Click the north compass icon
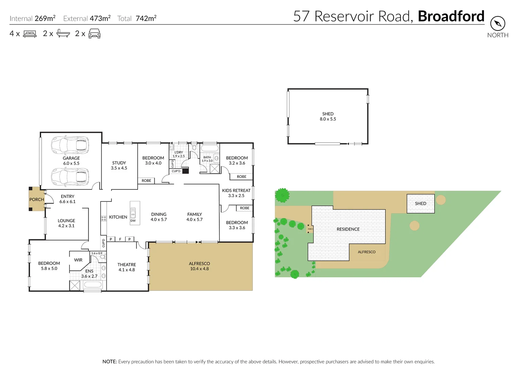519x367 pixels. pyautogui.click(x=498, y=23)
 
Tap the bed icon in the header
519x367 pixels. pyautogui.click(x=30, y=34)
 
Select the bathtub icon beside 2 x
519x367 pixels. pyautogui.click(x=63, y=33)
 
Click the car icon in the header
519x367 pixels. pyautogui.click(x=94, y=34)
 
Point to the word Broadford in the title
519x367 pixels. pyautogui.click(x=451, y=16)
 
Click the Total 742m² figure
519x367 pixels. pyautogui.click(x=137, y=18)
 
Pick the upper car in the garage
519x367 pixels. pyautogui.click(x=70, y=145)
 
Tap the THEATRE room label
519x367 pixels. pyautogui.click(x=126, y=265)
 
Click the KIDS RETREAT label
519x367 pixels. pyautogui.click(x=236, y=191)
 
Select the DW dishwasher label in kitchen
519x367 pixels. pyautogui.click(x=133, y=221)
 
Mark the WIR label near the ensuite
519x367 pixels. pyautogui.click(x=78, y=260)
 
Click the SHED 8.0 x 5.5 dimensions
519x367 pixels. pyautogui.click(x=328, y=119)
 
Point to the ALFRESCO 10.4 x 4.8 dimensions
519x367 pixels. pyautogui.click(x=200, y=269)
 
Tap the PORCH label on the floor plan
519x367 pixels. pyautogui.click(x=36, y=199)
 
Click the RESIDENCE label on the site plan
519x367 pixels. pyautogui.click(x=348, y=229)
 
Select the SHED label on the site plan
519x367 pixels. pyautogui.click(x=420, y=204)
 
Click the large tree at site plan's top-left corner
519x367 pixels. pyautogui.click(x=282, y=195)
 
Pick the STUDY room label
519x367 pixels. pyautogui.click(x=119, y=163)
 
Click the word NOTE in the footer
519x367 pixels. pyautogui.click(x=109, y=362)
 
